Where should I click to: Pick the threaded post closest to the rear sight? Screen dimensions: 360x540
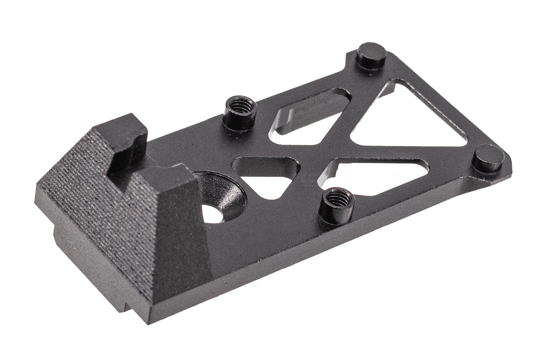(240, 112)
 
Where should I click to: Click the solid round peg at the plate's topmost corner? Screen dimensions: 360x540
(371, 55)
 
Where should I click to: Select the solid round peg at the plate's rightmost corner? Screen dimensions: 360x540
(488, 157)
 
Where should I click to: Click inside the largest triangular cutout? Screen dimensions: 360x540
(410, 116)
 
